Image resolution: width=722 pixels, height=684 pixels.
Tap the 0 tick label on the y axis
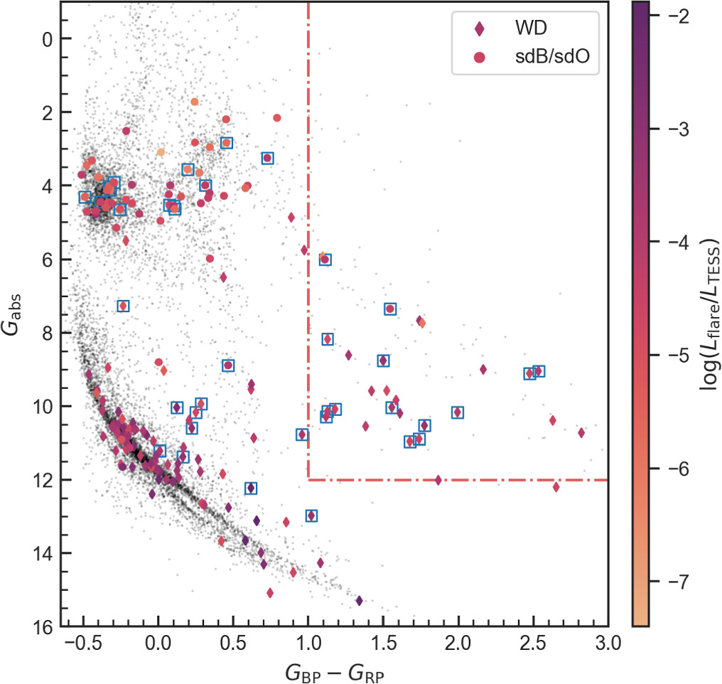pyautogui.click(x=48, y=39)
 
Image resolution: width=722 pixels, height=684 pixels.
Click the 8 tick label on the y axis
pyautogui.click(x=48, y=333)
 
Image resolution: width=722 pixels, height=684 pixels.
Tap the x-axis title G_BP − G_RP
pyautogui.click(x=334, y=670)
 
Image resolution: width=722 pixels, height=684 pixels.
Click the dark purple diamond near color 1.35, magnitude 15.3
pyautogui.click(x=360, y=601)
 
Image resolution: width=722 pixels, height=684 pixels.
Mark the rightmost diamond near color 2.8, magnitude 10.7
pyautogui.click(x=581, y=432)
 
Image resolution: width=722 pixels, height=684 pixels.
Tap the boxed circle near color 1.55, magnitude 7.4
pyautogui.click(x=390, y=309)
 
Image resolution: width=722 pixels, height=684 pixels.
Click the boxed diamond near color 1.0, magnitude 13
pyautogui.click(x=311, y=515)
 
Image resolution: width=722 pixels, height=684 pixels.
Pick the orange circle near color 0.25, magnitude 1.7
pyautogui.click(x=195, y=102)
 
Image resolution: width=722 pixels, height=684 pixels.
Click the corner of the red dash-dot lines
pyautogui.click(x=308, y=480)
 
